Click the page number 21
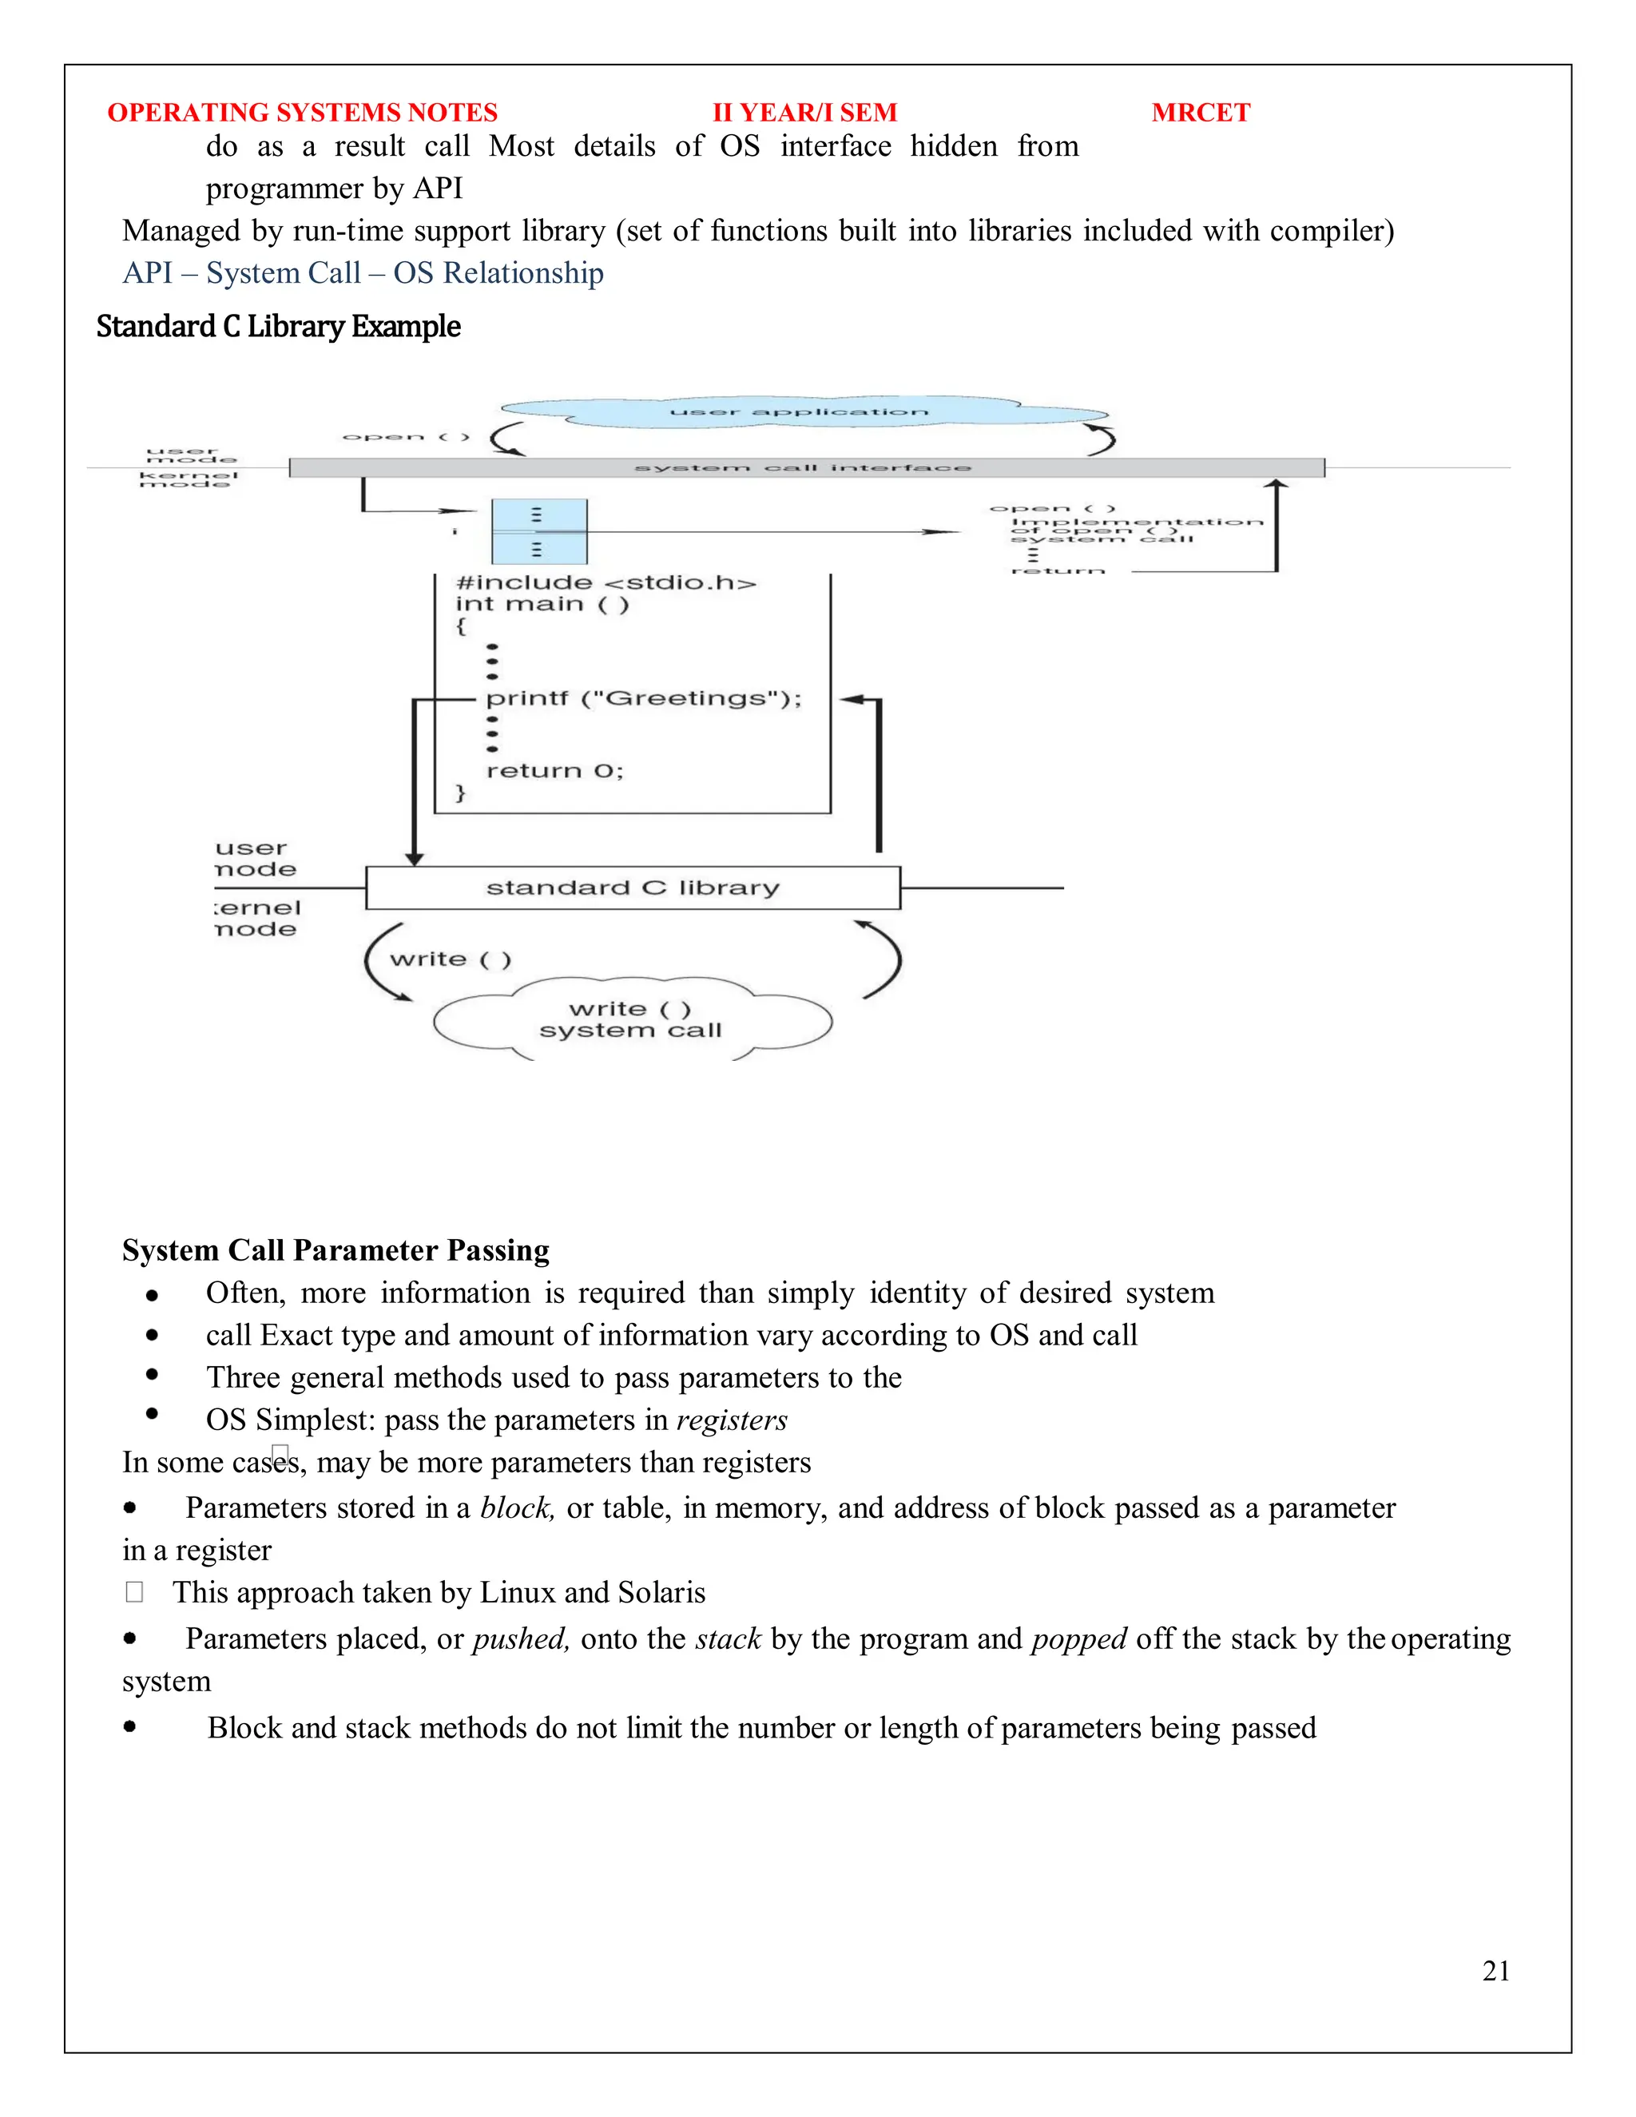pyautogui.click(x=1495, y=1971)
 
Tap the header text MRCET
pyautogui.click(x=1200, y=113)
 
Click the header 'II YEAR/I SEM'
pyautogui.click(x=804, y=113)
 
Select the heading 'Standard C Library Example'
pyautogui.click(x=278, y=327)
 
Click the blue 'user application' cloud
pyautogui.click(x=800, y=413)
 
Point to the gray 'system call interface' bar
pyautogui.click(x=804, y=468)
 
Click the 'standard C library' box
pyautogui.click(x=632, y=888)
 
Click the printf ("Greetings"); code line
pyautogui.click(x=644, y=699)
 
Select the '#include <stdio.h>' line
pyautogui.click(x=606, y=583)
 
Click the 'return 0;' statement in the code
pyautogui.click(x=554, y=772)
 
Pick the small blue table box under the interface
pyautogui.click(x=539, y=532)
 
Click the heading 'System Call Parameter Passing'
pyautogui.click(x=336, y=1250)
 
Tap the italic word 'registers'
pyautogui.click(x=732, y=1421)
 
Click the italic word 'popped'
pyautogui.click(x=1078, y=1639)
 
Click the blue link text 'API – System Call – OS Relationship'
pyautogui.click(x=363, y=273)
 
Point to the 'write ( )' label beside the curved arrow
pyautogui.click(x=451, y=959)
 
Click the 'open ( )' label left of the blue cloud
pyautogui.click(x=406, y=437)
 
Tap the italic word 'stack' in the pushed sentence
pyautogui.click(x=728, y=1639)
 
